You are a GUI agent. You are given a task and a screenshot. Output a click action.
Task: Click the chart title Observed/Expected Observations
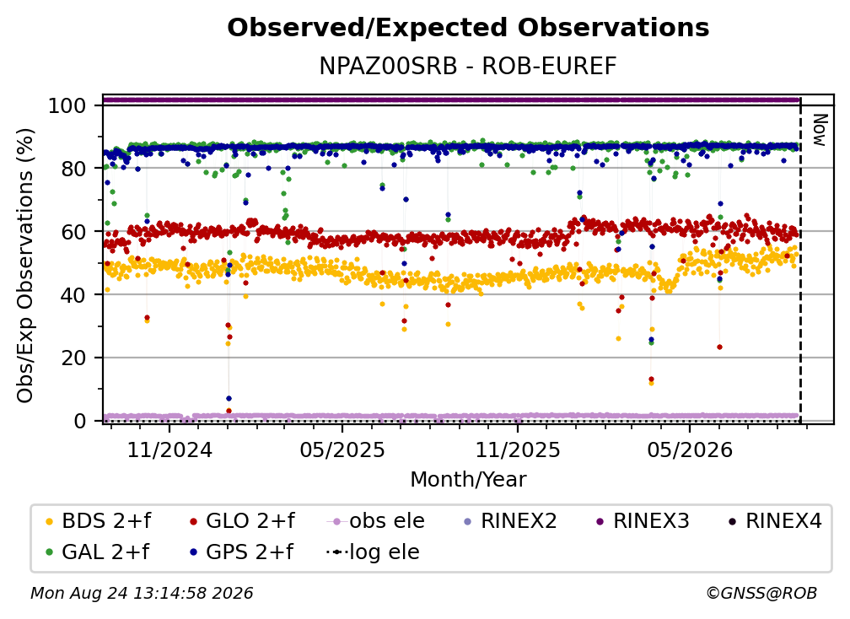tap(468, 28)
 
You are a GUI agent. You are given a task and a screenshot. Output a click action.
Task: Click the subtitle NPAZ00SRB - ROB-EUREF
tap(468, 66)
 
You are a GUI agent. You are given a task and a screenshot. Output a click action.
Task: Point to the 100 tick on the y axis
tap(67, 105)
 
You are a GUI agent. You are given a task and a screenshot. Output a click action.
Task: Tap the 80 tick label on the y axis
tap(73, 169)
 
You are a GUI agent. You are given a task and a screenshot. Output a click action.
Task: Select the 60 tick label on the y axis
tap(73, 232)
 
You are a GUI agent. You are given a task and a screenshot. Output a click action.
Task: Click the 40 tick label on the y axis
tap(73, 295)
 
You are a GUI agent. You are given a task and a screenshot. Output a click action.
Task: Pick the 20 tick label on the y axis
tap(73, 358)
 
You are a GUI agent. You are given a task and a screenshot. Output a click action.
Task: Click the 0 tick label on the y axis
tap(80, 421)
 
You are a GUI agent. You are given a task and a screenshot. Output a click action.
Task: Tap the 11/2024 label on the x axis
tap(169, 449)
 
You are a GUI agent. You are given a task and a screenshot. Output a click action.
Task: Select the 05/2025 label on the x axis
tap(342, 449)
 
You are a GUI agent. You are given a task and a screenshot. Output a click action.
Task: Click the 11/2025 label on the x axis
tap(518, 449)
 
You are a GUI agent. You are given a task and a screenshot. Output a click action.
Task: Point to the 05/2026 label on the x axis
tap(690, 449)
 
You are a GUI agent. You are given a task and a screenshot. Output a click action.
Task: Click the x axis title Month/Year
tap(468, 480)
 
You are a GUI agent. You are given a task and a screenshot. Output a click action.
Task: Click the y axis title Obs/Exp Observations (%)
tap(25, 265)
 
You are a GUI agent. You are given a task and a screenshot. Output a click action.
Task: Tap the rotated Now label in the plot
tap(820, 130)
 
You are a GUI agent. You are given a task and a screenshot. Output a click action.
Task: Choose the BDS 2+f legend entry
tap(99, 521)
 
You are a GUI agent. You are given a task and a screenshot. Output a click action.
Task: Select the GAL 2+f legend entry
tap(98, 552)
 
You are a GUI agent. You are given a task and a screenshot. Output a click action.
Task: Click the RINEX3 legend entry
tap(643, 521)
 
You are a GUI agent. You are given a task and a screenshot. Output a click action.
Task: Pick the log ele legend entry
tap(373, 552)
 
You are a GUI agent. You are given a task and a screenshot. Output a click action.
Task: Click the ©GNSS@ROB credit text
tap(761, 594)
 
